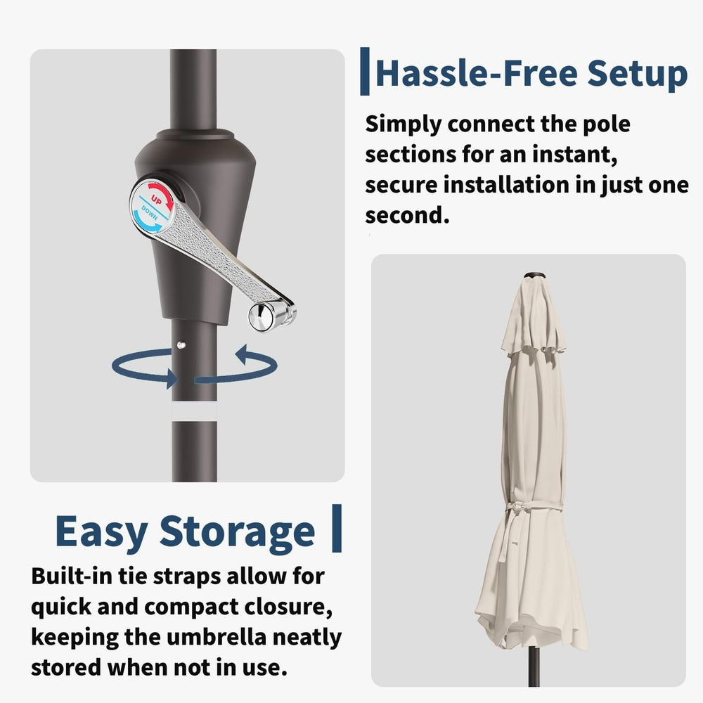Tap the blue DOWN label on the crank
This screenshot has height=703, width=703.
tap(150, 212)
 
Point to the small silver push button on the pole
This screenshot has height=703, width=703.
tap(181, 344)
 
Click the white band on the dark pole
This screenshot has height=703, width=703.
tap(194, 411)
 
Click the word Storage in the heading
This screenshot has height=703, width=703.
tap(237, 533)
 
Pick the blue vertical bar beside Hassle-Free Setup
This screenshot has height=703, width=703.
tap(365, 71)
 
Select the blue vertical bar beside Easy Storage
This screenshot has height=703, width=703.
tap(337, 528)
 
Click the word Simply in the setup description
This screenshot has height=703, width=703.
tap(404, 125)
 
